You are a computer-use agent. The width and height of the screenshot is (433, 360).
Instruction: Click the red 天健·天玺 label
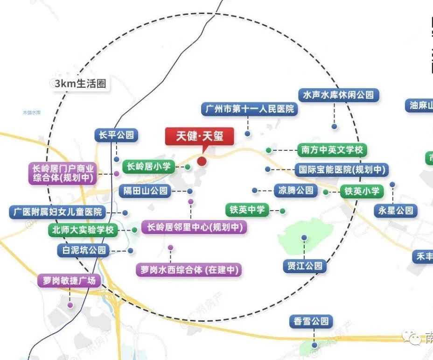[200, 136]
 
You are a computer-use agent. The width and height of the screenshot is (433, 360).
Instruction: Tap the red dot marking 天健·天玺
[202, 161]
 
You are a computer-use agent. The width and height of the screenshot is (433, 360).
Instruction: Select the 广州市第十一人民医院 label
[250, 109]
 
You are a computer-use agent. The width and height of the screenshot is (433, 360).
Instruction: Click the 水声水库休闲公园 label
[339, 95]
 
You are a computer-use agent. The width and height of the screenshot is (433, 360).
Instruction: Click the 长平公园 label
[117, 135]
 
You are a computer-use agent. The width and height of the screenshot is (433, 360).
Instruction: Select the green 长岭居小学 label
[149, 166]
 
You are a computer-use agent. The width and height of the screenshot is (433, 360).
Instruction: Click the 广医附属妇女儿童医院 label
[58, 212]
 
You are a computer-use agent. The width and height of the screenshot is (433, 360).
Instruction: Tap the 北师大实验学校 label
[84, 230]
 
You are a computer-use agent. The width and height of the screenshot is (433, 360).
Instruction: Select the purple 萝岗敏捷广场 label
[69, 281]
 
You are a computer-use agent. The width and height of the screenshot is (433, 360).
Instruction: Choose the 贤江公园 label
[305, 266]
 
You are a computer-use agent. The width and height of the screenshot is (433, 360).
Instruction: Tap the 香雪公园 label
[311, 321]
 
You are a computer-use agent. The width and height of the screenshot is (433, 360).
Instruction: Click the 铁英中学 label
[247, 210]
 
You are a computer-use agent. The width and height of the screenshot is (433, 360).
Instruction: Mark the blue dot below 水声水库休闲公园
[334, 126]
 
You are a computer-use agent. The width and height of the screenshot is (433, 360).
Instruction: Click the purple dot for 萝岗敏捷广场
[70, 305]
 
